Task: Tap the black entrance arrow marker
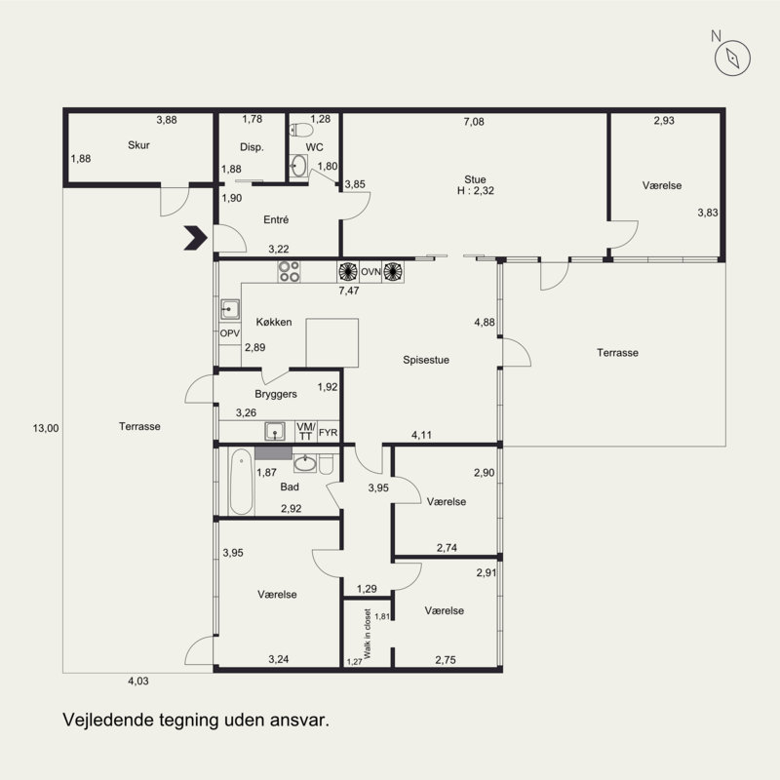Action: tap(196, 237)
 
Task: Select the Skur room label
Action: tap(138, 145)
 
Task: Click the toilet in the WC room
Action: tap(301, 130)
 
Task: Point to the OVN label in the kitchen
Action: tap(370, 272)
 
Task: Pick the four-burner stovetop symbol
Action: tap(289, 272)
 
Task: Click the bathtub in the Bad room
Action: tap(241, 481)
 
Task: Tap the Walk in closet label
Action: tap(368, 634)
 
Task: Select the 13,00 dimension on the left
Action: tap(46, 428)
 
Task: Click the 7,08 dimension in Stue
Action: tap(474, 122)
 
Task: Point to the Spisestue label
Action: tap(426, 360)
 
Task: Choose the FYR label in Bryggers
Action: tap(328, 433)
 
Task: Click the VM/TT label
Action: tap(305, 431)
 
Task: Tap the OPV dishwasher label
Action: tap(230, 333)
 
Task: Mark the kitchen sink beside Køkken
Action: tap(230, 309)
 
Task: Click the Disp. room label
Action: tap(252, 147)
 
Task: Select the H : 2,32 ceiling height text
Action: tap(476, 190)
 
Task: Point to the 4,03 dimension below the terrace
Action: tap(138, 681)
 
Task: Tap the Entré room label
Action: tap(276, 219)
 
